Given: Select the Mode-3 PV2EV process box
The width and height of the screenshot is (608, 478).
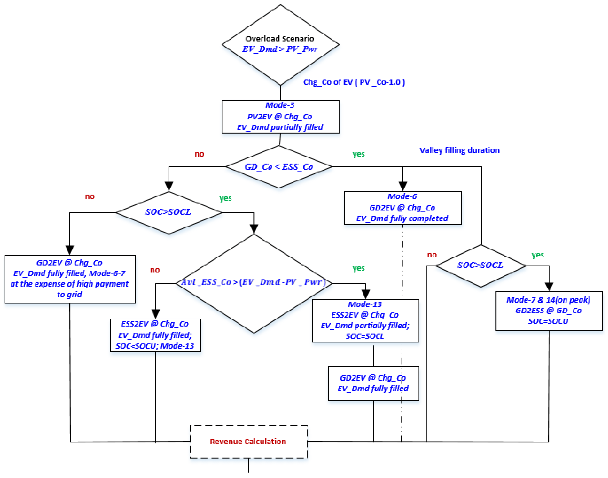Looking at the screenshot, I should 280,116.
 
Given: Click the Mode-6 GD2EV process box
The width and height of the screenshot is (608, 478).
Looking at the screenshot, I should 402,208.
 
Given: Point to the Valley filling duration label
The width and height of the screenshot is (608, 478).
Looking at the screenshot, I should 459,150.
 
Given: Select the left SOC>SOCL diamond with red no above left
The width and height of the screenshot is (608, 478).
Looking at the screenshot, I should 169,212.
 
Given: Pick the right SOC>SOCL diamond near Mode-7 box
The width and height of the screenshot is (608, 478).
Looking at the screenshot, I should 480,265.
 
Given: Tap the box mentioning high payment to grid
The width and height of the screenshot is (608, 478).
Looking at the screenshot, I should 70,279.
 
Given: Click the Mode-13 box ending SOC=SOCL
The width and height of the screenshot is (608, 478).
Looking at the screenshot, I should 365,320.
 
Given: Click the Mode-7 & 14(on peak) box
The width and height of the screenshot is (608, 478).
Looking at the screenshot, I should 548,311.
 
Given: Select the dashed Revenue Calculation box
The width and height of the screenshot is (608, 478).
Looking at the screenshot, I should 248,441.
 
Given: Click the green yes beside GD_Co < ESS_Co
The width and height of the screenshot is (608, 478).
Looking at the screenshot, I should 359,154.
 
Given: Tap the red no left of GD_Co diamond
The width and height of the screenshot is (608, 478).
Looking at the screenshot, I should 199,154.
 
